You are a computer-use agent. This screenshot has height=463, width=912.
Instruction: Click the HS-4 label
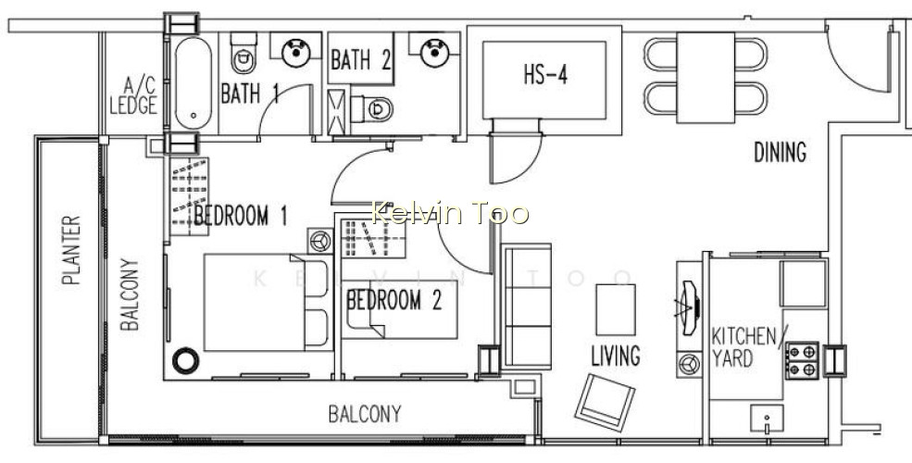click(545, 76)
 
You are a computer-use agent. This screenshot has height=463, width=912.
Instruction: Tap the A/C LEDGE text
click(133, 96)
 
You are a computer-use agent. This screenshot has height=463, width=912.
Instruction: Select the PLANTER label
click(71, 251)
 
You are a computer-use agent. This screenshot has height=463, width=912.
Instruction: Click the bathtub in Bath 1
click(194, 83)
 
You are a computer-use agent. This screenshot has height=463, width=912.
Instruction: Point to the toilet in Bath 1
click(244, 53)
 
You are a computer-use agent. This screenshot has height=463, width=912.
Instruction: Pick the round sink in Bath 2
click(433, 52)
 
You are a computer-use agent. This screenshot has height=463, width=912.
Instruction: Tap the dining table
click(706, 78)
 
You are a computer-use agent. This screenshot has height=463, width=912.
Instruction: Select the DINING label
click(780, 153)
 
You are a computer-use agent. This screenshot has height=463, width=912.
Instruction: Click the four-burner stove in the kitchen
click(802, 360)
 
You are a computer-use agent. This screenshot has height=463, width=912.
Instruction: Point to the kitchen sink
click(767, 419)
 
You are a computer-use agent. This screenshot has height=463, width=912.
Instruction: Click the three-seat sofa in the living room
click(527, 307)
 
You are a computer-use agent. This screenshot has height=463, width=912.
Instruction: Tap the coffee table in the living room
click(616, 309)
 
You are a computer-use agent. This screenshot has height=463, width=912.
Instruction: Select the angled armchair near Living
click(605, 403)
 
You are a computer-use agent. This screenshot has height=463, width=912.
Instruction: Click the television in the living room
click(689, 307)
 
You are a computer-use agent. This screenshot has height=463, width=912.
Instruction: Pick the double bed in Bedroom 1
click(268, 303)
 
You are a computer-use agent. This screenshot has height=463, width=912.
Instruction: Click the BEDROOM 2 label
click(394, 301)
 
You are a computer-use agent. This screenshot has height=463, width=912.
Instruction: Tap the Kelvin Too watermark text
click(450, 213)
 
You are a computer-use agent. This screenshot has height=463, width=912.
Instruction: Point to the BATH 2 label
click(360, 60)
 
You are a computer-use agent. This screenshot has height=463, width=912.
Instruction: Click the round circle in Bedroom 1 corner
click(185, 360)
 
